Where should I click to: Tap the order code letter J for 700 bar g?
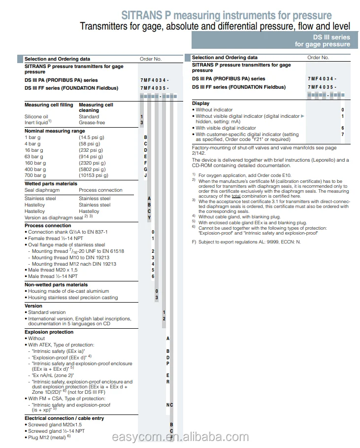(x=145, y=175)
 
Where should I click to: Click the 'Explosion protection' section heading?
(x=49, y=332)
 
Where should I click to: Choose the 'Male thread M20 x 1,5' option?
(x=53, y=270)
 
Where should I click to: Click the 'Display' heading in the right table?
(x=200, y=103)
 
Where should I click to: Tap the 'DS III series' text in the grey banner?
(x=331, y=37)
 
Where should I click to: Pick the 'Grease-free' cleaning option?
(x=92, y=123)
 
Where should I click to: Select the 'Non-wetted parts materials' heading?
(x=56, y=284)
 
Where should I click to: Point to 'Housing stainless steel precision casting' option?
(x=73, y=298)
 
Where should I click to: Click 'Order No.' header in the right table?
(x=318, y=58)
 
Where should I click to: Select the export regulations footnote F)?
(x=246, y=242)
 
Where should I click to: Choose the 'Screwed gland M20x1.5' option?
(x=55, y=424)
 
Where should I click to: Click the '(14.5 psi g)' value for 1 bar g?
(x=92, y=137)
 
